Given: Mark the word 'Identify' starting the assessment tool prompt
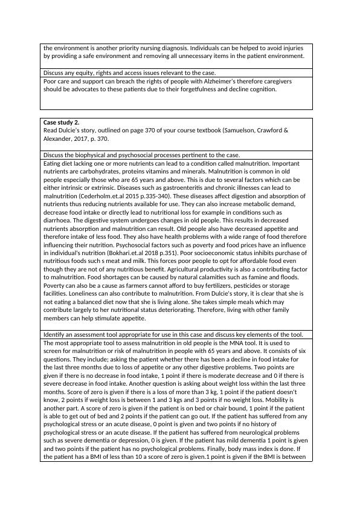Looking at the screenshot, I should (55, 334).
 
